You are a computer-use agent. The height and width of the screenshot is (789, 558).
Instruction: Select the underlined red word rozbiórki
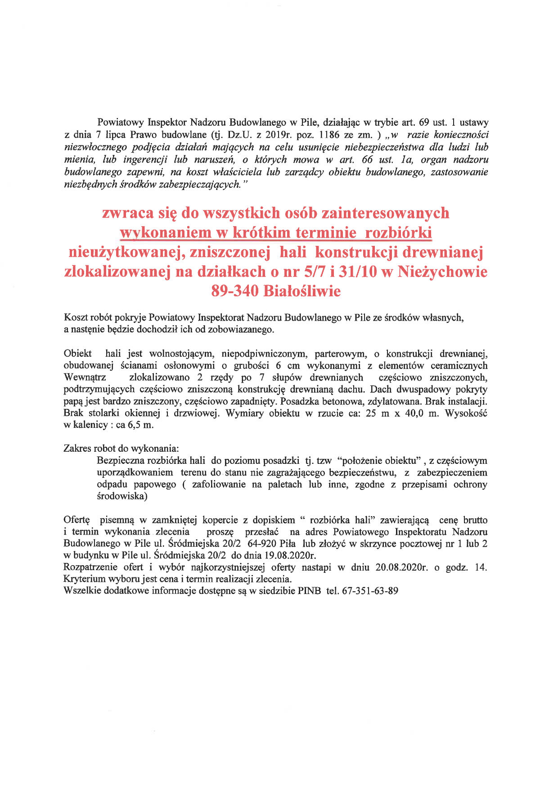398,232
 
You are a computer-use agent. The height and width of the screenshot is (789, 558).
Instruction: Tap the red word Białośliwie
302,291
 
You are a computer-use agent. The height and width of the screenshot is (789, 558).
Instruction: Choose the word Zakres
77,449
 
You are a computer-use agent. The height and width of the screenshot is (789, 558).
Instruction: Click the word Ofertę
77,520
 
